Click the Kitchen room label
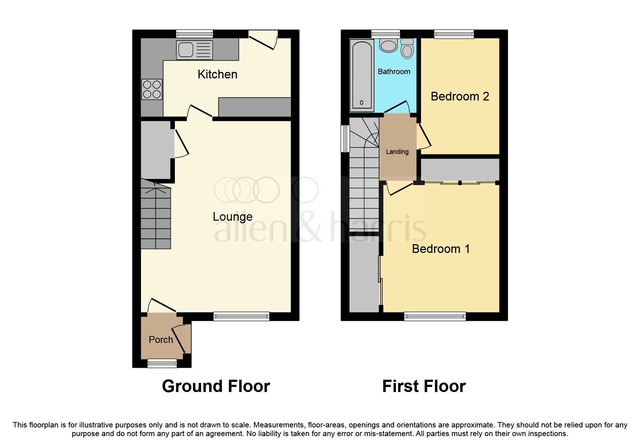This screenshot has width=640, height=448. point(217,74)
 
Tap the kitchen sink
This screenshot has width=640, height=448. point(194,50)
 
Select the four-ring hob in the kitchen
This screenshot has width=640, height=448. point(152,89)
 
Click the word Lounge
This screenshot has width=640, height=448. point(232,217)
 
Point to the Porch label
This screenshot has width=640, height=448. point(161,340)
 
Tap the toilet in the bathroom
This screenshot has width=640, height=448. point(407,48)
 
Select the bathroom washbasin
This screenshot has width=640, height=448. point(388,46)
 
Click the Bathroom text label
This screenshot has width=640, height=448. point(394,72)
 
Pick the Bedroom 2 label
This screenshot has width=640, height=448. point(460,96)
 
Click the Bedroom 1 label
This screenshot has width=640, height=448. point(441,249)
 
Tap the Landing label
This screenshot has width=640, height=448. point(397,152)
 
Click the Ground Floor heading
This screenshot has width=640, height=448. point(216,386)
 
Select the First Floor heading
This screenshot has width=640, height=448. point(424,386)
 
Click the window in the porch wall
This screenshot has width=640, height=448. point(162,363)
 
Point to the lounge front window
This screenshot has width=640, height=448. point(241,316)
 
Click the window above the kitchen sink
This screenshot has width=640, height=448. point(194,34)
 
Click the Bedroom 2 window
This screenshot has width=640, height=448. point(454,34)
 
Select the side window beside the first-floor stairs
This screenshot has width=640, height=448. point(345,138)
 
